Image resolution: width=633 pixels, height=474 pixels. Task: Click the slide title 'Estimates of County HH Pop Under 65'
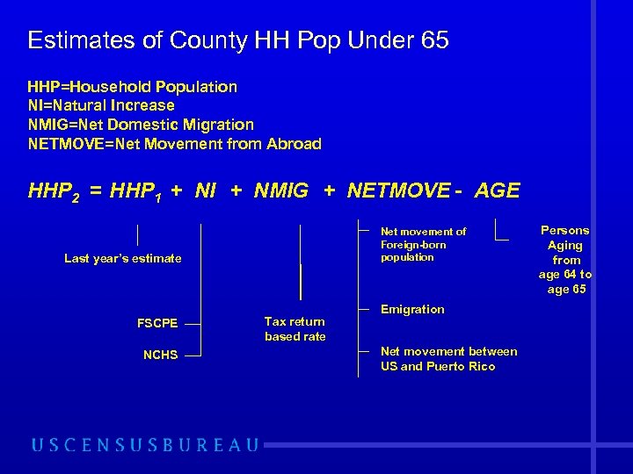pos(238,40)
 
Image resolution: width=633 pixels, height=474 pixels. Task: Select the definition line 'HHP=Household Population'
pos(132,87)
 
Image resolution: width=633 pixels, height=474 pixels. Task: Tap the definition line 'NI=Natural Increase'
pos(101,105)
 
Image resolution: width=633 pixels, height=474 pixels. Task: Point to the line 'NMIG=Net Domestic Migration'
pos(141,125)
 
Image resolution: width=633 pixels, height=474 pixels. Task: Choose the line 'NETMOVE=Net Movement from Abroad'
pos(174,144)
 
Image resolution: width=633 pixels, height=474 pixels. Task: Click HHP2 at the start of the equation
pos(53,191)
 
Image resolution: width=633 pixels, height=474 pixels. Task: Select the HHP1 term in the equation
pos(135,191)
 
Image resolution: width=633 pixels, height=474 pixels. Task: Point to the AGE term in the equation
pos(497,190)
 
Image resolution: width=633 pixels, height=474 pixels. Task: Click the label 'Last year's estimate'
pos(123,258)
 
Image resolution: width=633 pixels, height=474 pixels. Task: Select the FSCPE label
pos(157,323)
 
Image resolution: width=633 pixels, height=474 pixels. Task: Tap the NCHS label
pos(160,355)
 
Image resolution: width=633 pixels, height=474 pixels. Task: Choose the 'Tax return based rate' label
pos(295,329)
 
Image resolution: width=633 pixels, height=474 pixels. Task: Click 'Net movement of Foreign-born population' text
pos(423,244)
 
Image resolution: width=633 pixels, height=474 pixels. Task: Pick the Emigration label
pos(412,309)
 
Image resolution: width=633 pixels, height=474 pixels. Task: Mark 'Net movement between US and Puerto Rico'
pos(448,359)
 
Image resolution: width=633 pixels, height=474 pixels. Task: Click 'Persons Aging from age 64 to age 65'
pos(565,260)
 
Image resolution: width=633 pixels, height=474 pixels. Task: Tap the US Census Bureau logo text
pos(146,445)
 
